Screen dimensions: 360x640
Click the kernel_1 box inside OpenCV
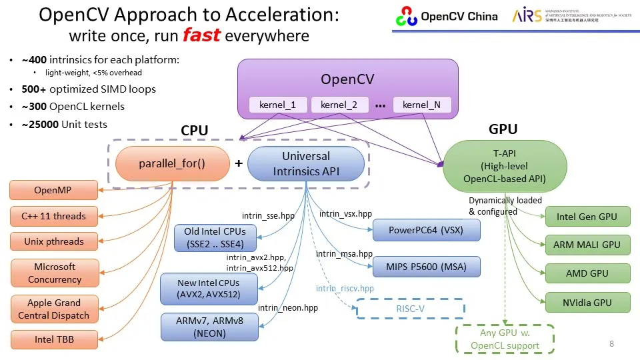278,105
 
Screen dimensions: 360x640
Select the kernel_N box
421,105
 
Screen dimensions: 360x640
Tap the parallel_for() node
172,163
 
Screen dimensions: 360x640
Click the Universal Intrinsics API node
306,164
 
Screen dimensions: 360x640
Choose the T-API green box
505,166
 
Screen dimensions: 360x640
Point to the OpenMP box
53,191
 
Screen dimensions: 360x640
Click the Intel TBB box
54,339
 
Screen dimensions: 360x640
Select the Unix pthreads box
54,241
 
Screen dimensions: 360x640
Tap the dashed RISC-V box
410,309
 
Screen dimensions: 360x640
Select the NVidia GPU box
587,303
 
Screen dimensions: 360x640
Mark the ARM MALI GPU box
587,245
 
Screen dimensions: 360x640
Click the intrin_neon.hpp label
288,308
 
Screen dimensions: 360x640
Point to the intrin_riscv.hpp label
345,289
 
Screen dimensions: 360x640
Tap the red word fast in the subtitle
201,35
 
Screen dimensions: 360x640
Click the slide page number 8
611,343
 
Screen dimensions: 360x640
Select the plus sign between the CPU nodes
238,163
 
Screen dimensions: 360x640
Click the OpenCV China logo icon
406,16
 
